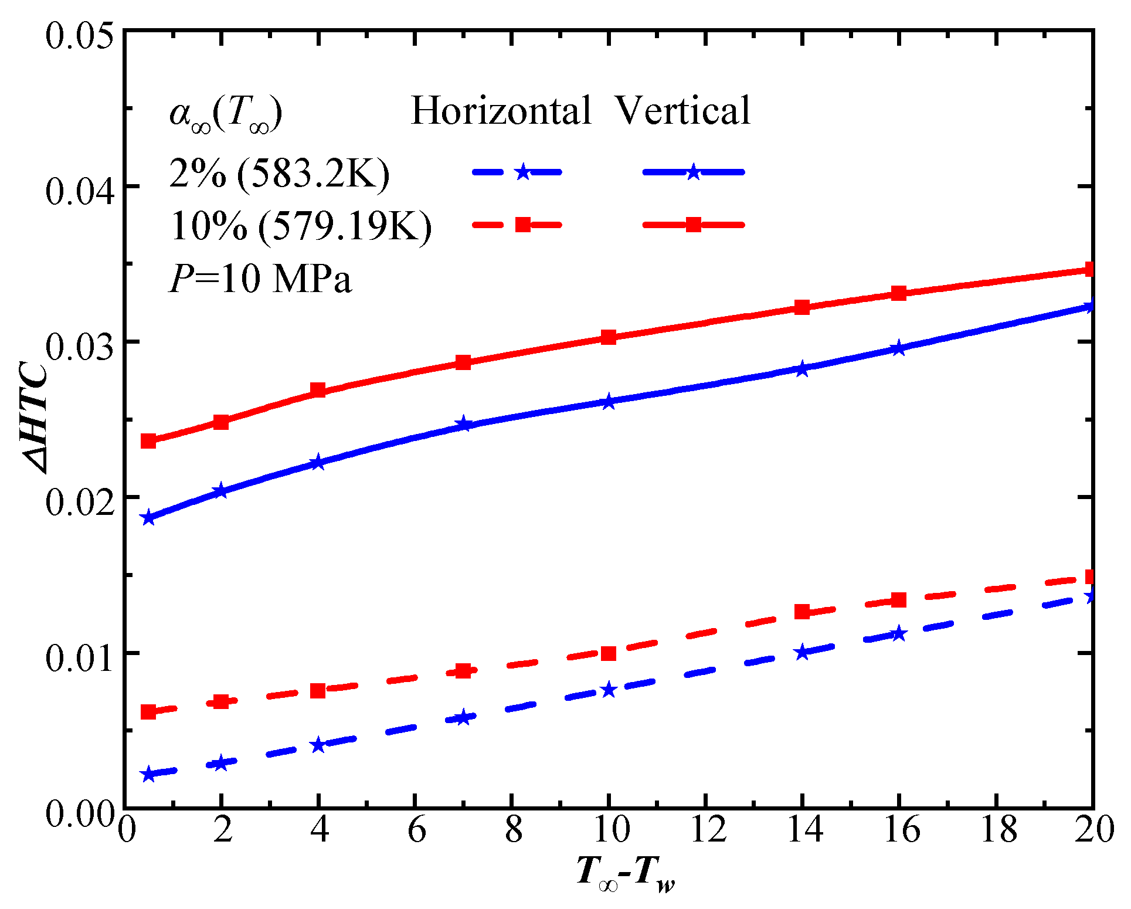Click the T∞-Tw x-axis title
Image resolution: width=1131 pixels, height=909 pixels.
click(x=625, y=873)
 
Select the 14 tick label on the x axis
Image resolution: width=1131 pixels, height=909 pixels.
click(x=804, y=830)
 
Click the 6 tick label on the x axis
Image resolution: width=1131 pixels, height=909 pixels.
click(x=417, y=830)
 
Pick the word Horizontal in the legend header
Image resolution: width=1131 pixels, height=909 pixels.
click(x=501, y=110)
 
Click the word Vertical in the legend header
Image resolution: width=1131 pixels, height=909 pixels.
click(x=683, y=110)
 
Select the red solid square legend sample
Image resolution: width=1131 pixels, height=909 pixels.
click(x=694, y=225)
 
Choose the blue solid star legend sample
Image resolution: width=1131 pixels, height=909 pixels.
click(x=694, y=172)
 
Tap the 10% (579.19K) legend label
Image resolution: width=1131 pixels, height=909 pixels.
click(x=301, y=226)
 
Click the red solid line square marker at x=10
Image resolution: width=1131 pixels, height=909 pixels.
click(x=609, y=337)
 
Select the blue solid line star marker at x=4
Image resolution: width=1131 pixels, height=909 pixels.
click(x=318, y=463)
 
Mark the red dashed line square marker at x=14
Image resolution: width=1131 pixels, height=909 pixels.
click(x=802, y=612)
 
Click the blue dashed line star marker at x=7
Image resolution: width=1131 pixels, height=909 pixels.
click(x=463, y=718)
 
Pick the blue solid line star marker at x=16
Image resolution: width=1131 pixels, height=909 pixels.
click(x=898, y=349)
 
